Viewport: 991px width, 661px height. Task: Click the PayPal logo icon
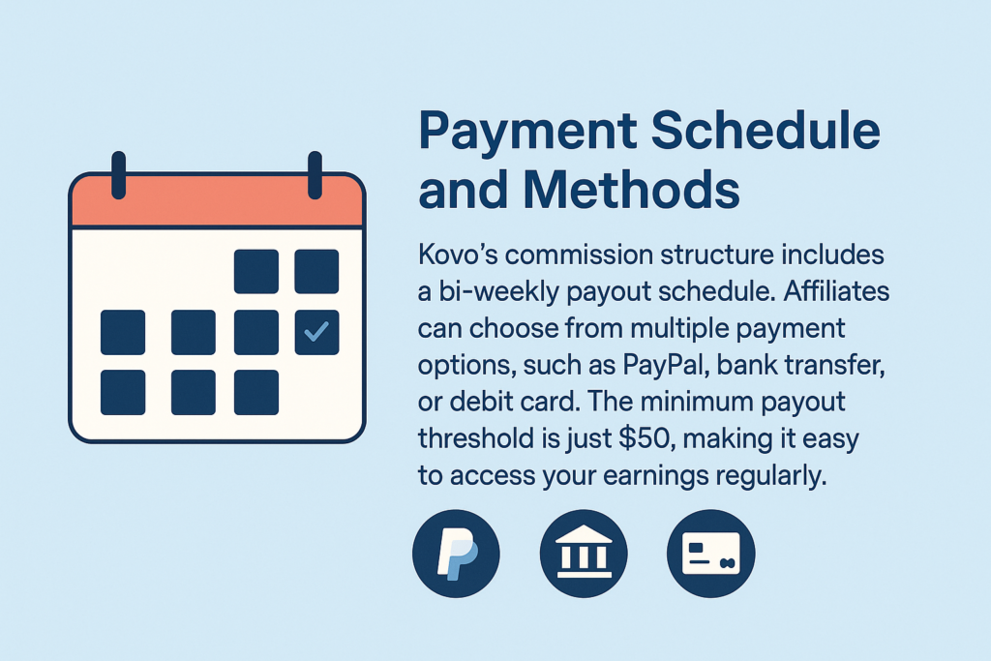(457, 554)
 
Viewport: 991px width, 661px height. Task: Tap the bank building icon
(584, 554)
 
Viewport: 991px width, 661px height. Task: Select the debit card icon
(711, 554)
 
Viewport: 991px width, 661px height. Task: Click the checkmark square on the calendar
(316, 332)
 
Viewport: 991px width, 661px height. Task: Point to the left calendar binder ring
(118, 175)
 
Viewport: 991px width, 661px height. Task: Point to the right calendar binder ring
(315, 175)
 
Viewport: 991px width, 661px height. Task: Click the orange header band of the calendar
(218, 200)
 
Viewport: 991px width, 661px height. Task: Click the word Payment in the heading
(527, 132)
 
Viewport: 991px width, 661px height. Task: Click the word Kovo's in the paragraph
(457, 255)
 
